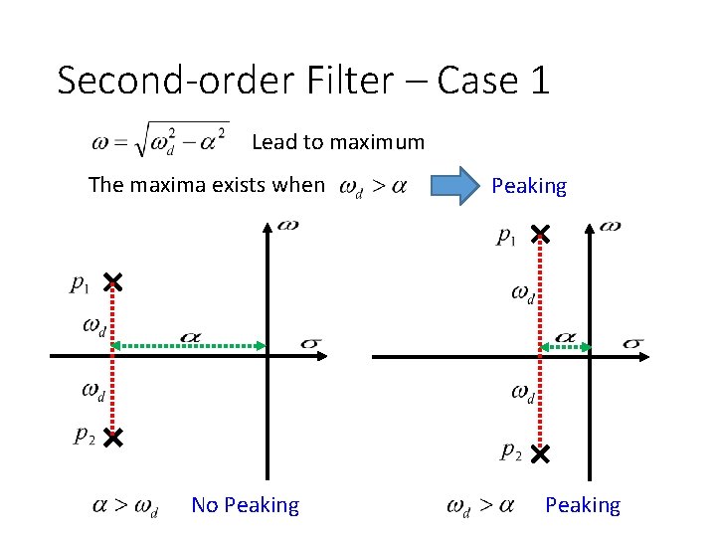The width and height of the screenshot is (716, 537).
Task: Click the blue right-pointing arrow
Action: click(x=458, y=186)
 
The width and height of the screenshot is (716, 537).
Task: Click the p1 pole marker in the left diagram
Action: click(x=112, y=283)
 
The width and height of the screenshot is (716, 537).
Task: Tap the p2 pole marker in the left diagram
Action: click(x=112, y=437)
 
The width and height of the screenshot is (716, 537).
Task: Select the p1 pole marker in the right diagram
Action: click(x=539, y=235)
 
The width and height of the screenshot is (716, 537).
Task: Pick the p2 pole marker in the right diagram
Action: click(x=539, y=454)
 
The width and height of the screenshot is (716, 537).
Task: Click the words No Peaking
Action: click(x=245, y=505)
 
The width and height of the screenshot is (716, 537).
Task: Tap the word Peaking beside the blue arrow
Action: click(x=529, y=186)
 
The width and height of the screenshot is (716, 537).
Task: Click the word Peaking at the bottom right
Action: click(x=582, y=505)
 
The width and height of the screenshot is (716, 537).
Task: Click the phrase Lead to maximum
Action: click(x=338, y=142)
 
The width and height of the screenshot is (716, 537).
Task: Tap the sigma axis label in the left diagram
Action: click(x=309, y=344)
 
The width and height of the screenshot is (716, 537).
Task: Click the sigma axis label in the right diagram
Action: click(x=632, y=343)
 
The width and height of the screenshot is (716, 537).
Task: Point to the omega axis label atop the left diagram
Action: click(x=287, y=225)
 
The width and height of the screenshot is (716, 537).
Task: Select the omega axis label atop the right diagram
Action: click(x=611, y=226)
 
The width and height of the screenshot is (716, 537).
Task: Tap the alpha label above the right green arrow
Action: click(x=564, y=337)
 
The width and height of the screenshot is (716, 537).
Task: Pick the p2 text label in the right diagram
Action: click(x=510, y=451)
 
